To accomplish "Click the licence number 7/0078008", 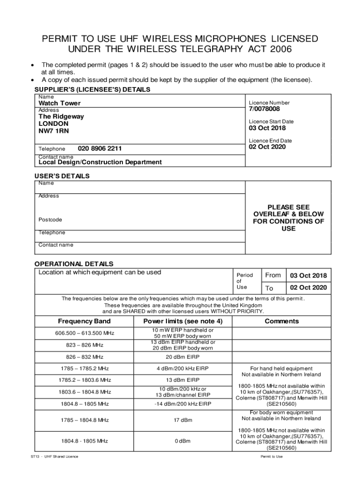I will click(264, 109).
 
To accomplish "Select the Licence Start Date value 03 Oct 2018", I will click(267, 128).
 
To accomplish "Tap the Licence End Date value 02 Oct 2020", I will click(267, 147).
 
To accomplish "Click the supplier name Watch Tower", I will click(59, 103).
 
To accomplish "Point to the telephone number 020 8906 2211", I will click(100, 149).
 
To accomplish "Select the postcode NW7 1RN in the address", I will click(53, 131).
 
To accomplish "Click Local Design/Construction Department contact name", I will click(100, 162).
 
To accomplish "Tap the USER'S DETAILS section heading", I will click(62, 176).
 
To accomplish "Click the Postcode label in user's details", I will click(50, 219).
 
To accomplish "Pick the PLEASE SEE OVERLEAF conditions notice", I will click(288, 218).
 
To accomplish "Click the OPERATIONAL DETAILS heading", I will click(74, 264).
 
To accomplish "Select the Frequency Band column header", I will click(84, 321).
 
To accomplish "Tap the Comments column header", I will click(281, 321).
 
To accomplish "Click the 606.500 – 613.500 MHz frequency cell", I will click(84, 333).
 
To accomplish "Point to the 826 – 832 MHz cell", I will click(84, 357).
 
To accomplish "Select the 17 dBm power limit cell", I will click(183, 420).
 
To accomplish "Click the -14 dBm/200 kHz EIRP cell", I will click(183, 404).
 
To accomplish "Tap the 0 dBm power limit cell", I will click(183, 441).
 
